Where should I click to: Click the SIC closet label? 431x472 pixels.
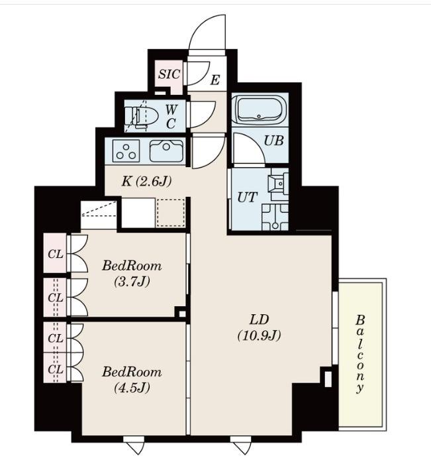(169, 74)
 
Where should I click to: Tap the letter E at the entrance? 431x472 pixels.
(215, 80)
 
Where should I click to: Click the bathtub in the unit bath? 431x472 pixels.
(260, 109)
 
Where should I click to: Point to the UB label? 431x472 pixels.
(273, 141)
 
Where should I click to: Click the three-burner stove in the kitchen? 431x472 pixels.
(126, 150)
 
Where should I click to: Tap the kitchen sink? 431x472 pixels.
(166, 150)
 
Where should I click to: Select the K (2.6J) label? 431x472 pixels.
(146, 182)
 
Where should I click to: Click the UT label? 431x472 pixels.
(248, 198)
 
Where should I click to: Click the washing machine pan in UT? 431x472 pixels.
(275, 217)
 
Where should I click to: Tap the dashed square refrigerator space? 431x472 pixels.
(170, 213)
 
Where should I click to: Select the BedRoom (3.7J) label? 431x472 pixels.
(132, 274)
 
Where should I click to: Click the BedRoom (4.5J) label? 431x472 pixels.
(132, 380)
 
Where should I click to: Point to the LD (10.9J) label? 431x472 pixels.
(259, 327)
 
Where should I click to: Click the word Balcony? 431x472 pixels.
(359, 354)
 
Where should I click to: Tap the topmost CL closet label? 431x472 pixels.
(56, 255)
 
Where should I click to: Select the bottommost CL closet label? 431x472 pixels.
(56, 369)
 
